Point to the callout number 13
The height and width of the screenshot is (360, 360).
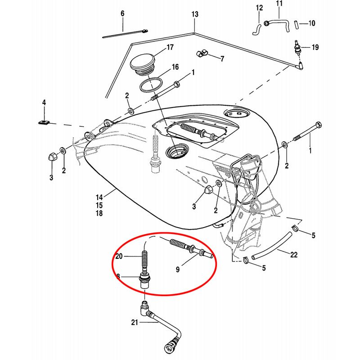point(194,15)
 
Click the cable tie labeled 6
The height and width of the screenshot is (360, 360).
point(124,34)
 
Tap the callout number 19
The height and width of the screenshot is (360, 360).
point(315,47)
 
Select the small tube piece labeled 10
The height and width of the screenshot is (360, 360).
point(297,24)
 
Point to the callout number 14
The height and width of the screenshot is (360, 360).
point(99,197)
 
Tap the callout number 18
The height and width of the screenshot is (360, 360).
point(99,213)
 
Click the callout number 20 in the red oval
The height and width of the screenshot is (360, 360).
point(119,256)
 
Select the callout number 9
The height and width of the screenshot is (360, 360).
point(177,270)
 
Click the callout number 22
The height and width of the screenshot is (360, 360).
point(293,255)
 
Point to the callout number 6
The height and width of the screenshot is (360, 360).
point(121,13)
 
